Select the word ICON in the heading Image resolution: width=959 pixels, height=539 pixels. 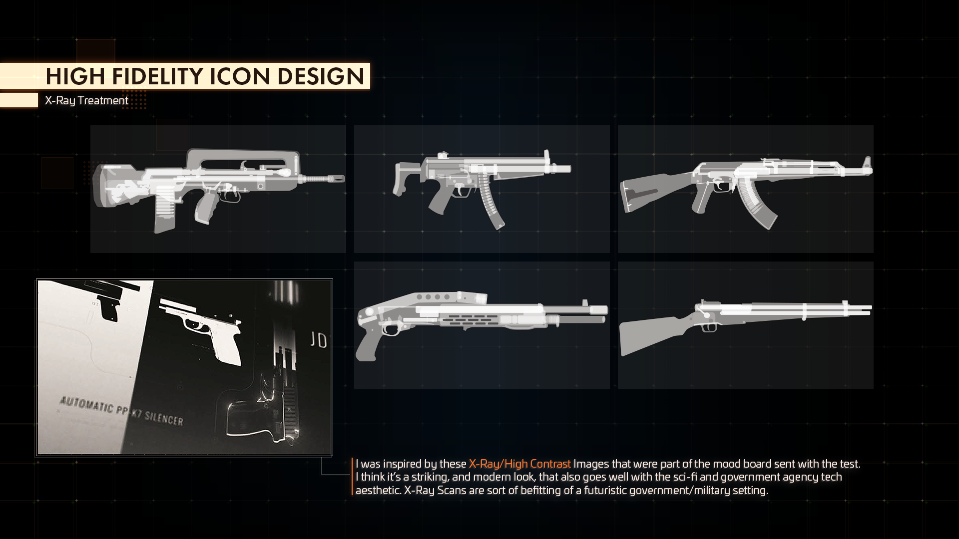[240, 76]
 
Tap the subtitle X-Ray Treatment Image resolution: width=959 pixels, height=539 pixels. [86, 100]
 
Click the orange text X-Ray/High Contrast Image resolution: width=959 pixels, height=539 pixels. [519, 464]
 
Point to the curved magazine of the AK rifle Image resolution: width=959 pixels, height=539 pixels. [757, 205]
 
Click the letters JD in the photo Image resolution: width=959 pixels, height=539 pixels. [318, 340]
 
